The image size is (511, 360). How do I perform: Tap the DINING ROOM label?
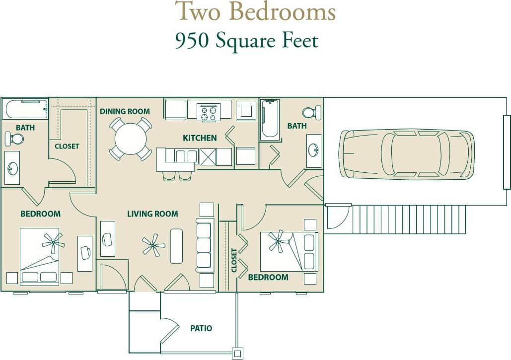tap(125, 111)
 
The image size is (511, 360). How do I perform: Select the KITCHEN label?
tap(200, 138)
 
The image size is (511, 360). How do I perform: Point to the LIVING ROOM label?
tap(152, 214)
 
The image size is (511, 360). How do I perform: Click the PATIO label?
tap(201, 328)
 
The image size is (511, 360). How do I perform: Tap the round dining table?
tap(130, 139)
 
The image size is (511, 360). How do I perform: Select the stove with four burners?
tap(209, 112)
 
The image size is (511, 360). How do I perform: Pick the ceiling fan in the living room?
tap(153, 245)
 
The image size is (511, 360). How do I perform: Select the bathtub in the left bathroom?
tap(25, 109)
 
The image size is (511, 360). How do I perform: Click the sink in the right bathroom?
tap(313, 150)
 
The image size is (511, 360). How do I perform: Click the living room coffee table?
tap(176, 246)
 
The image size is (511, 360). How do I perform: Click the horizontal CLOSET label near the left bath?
tap(67, 146)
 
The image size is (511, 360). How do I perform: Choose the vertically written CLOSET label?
tap(234, 260)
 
